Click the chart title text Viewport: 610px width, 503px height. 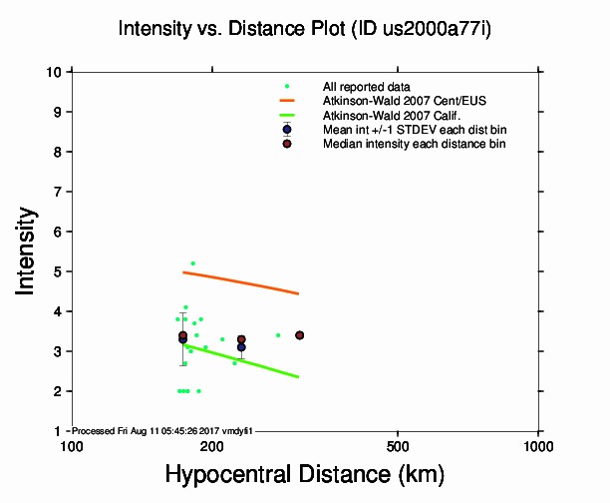[x=304, y=29]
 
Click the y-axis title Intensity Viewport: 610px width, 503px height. [x=29, y=250]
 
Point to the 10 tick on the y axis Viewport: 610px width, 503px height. [x=55, y=72]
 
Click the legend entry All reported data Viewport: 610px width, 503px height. [x=366, y=87]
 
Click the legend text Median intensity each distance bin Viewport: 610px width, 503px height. [x=414, y=144]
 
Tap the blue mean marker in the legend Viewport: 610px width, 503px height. [x=287, y=130]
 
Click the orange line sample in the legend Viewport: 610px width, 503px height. [x=287, y=101]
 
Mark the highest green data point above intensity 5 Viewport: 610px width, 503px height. [x=192, y=263]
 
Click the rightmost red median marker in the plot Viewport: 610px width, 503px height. [x=299, y=335]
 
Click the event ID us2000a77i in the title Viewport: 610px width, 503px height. [x=439, y=29]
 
